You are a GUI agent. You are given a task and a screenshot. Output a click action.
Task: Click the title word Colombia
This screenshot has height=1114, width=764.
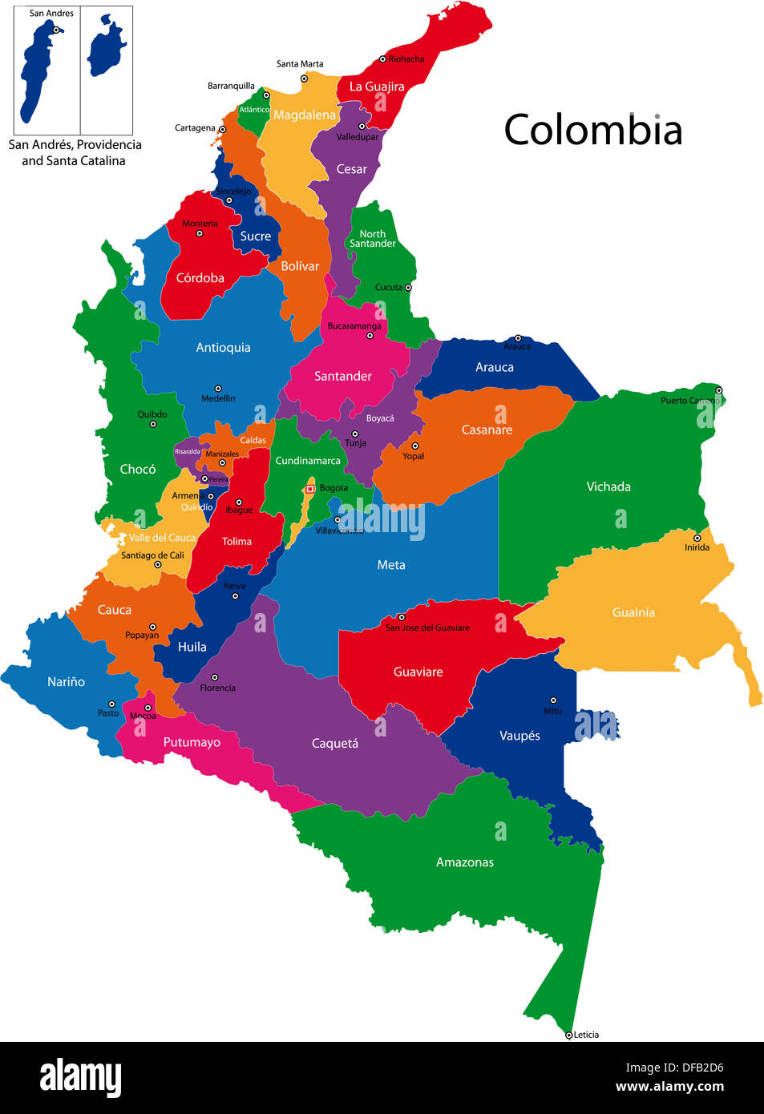point(592,130)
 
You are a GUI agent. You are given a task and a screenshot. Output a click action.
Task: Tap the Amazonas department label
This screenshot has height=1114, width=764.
point(464,862)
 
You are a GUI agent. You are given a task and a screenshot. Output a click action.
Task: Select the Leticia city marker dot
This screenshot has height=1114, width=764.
point(568,1035)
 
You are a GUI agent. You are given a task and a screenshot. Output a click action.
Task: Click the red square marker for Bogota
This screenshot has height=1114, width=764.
point(309,488)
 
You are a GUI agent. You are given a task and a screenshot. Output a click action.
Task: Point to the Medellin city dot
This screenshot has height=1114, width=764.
point(217,389)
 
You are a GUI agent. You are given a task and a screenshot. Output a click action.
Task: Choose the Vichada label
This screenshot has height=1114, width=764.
point(608,486)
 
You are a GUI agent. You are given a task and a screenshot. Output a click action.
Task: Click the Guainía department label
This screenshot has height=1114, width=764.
point(633,612)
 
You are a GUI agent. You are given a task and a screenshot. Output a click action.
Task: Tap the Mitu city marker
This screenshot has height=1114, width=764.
point(552,700)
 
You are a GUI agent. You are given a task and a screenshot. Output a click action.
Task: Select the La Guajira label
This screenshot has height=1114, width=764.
point(376,87)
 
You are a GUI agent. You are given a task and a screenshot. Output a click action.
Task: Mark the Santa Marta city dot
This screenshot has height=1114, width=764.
point(304,79)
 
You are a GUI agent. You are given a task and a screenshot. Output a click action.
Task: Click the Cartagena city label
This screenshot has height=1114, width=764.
point(195,128)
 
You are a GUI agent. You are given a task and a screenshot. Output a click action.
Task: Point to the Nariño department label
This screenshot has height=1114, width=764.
point(66,682)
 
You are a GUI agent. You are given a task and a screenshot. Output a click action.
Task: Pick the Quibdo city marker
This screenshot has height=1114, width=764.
point(152,424)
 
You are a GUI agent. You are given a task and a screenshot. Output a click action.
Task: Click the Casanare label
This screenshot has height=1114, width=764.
point(487,430)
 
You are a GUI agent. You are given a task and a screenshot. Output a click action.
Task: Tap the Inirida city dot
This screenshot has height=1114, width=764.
point(697,538)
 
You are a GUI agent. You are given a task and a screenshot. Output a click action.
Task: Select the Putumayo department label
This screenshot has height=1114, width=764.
point(192,742)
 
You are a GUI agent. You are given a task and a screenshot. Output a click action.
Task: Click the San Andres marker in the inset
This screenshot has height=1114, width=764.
point(56,30)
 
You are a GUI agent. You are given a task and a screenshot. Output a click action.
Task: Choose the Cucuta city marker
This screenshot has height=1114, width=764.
point(408,287)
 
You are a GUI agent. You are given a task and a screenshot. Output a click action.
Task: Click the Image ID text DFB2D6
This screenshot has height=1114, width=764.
point(674,1068)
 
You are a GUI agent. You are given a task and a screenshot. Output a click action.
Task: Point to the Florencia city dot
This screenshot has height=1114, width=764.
point(214,677)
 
